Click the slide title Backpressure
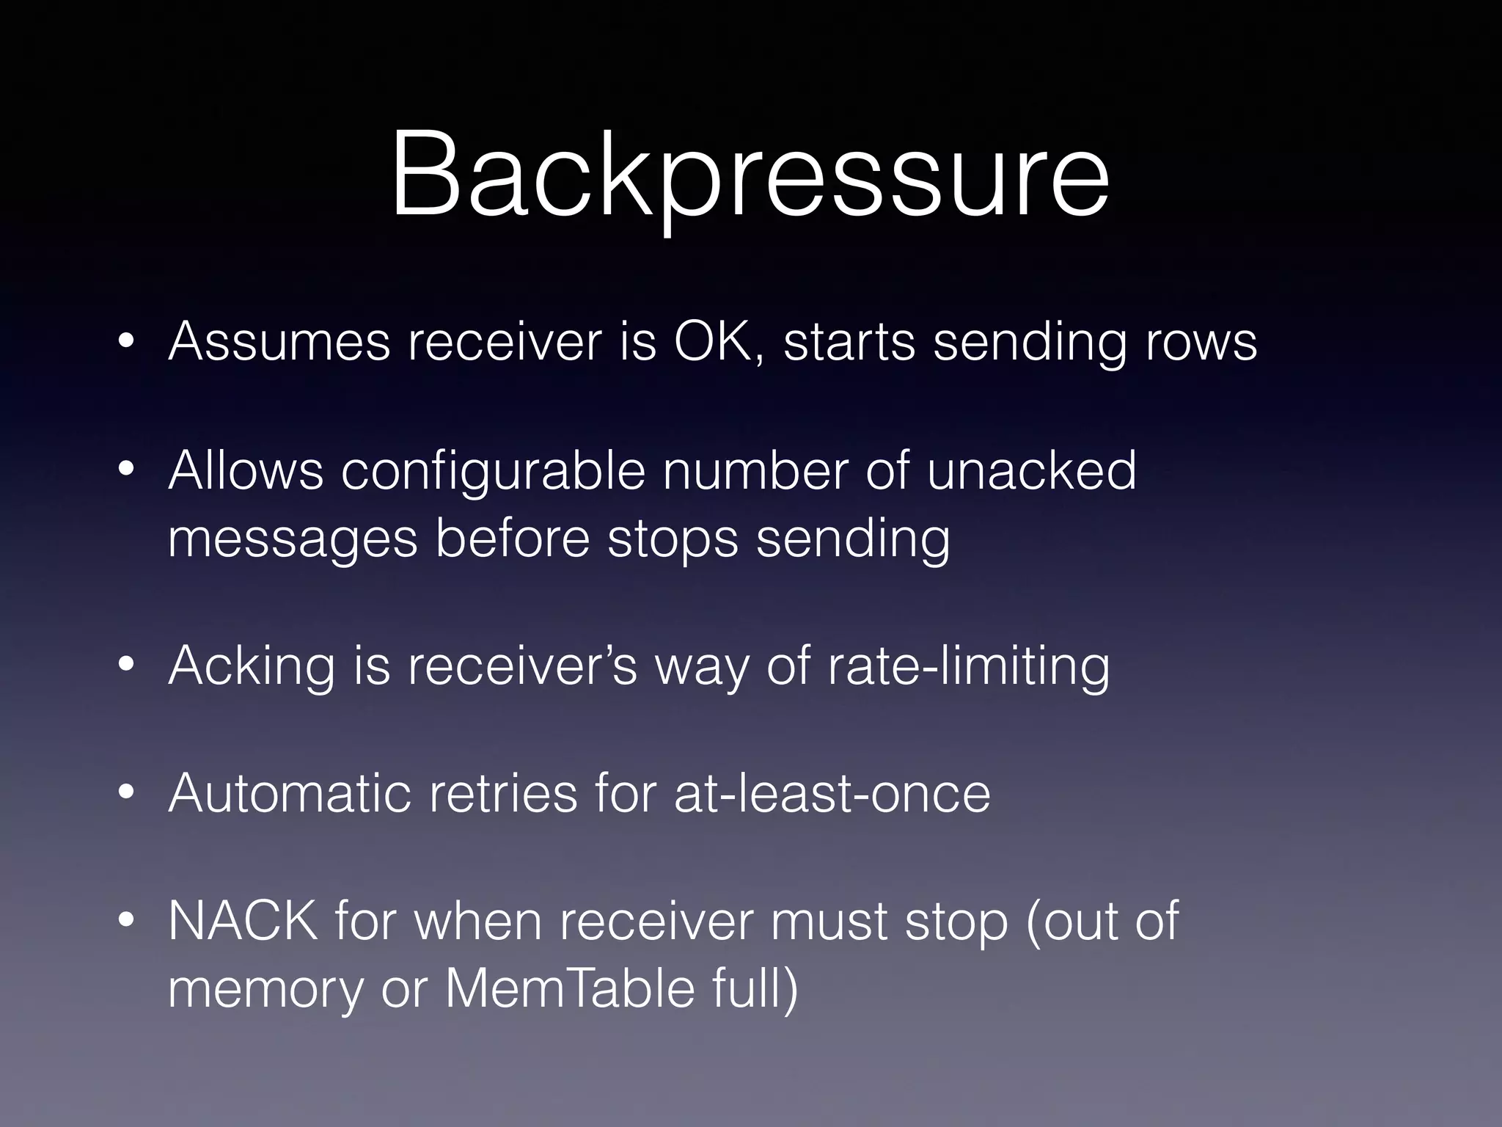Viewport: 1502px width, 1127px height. pos(750,176)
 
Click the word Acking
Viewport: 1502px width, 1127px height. pos(252,666)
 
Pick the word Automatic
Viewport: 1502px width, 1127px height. pos(289,793)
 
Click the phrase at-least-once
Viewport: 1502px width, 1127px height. pos(832,793)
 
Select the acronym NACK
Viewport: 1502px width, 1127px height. pos(243,921)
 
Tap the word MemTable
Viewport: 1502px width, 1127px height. pos(570,988)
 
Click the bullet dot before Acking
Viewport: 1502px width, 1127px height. pos(126,665)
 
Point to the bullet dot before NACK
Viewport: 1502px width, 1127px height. pos(126,920)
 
